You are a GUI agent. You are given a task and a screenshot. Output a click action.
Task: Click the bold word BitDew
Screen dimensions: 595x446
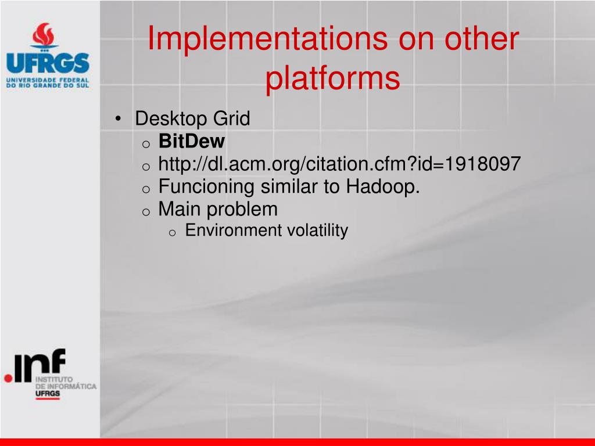[192, 141]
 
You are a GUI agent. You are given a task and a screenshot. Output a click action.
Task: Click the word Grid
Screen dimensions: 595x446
[231, 118]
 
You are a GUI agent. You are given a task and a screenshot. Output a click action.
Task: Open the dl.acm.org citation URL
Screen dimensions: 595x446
[339, 164]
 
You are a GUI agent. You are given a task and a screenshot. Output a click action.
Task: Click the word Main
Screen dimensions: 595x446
[180, 209]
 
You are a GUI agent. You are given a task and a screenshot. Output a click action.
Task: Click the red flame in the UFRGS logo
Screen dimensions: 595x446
[44, 34]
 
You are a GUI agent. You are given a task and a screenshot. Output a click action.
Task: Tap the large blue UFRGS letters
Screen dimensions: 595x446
[48, 63]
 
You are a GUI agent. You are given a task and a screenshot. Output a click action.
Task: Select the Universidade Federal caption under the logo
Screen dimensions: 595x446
[48, 82]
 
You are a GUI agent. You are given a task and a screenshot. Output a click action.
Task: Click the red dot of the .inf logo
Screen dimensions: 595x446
[8, 377]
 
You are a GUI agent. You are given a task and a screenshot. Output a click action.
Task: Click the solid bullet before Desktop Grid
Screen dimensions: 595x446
[119, 119]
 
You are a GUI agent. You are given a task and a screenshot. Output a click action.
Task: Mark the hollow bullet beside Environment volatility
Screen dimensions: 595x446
[172, 233]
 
